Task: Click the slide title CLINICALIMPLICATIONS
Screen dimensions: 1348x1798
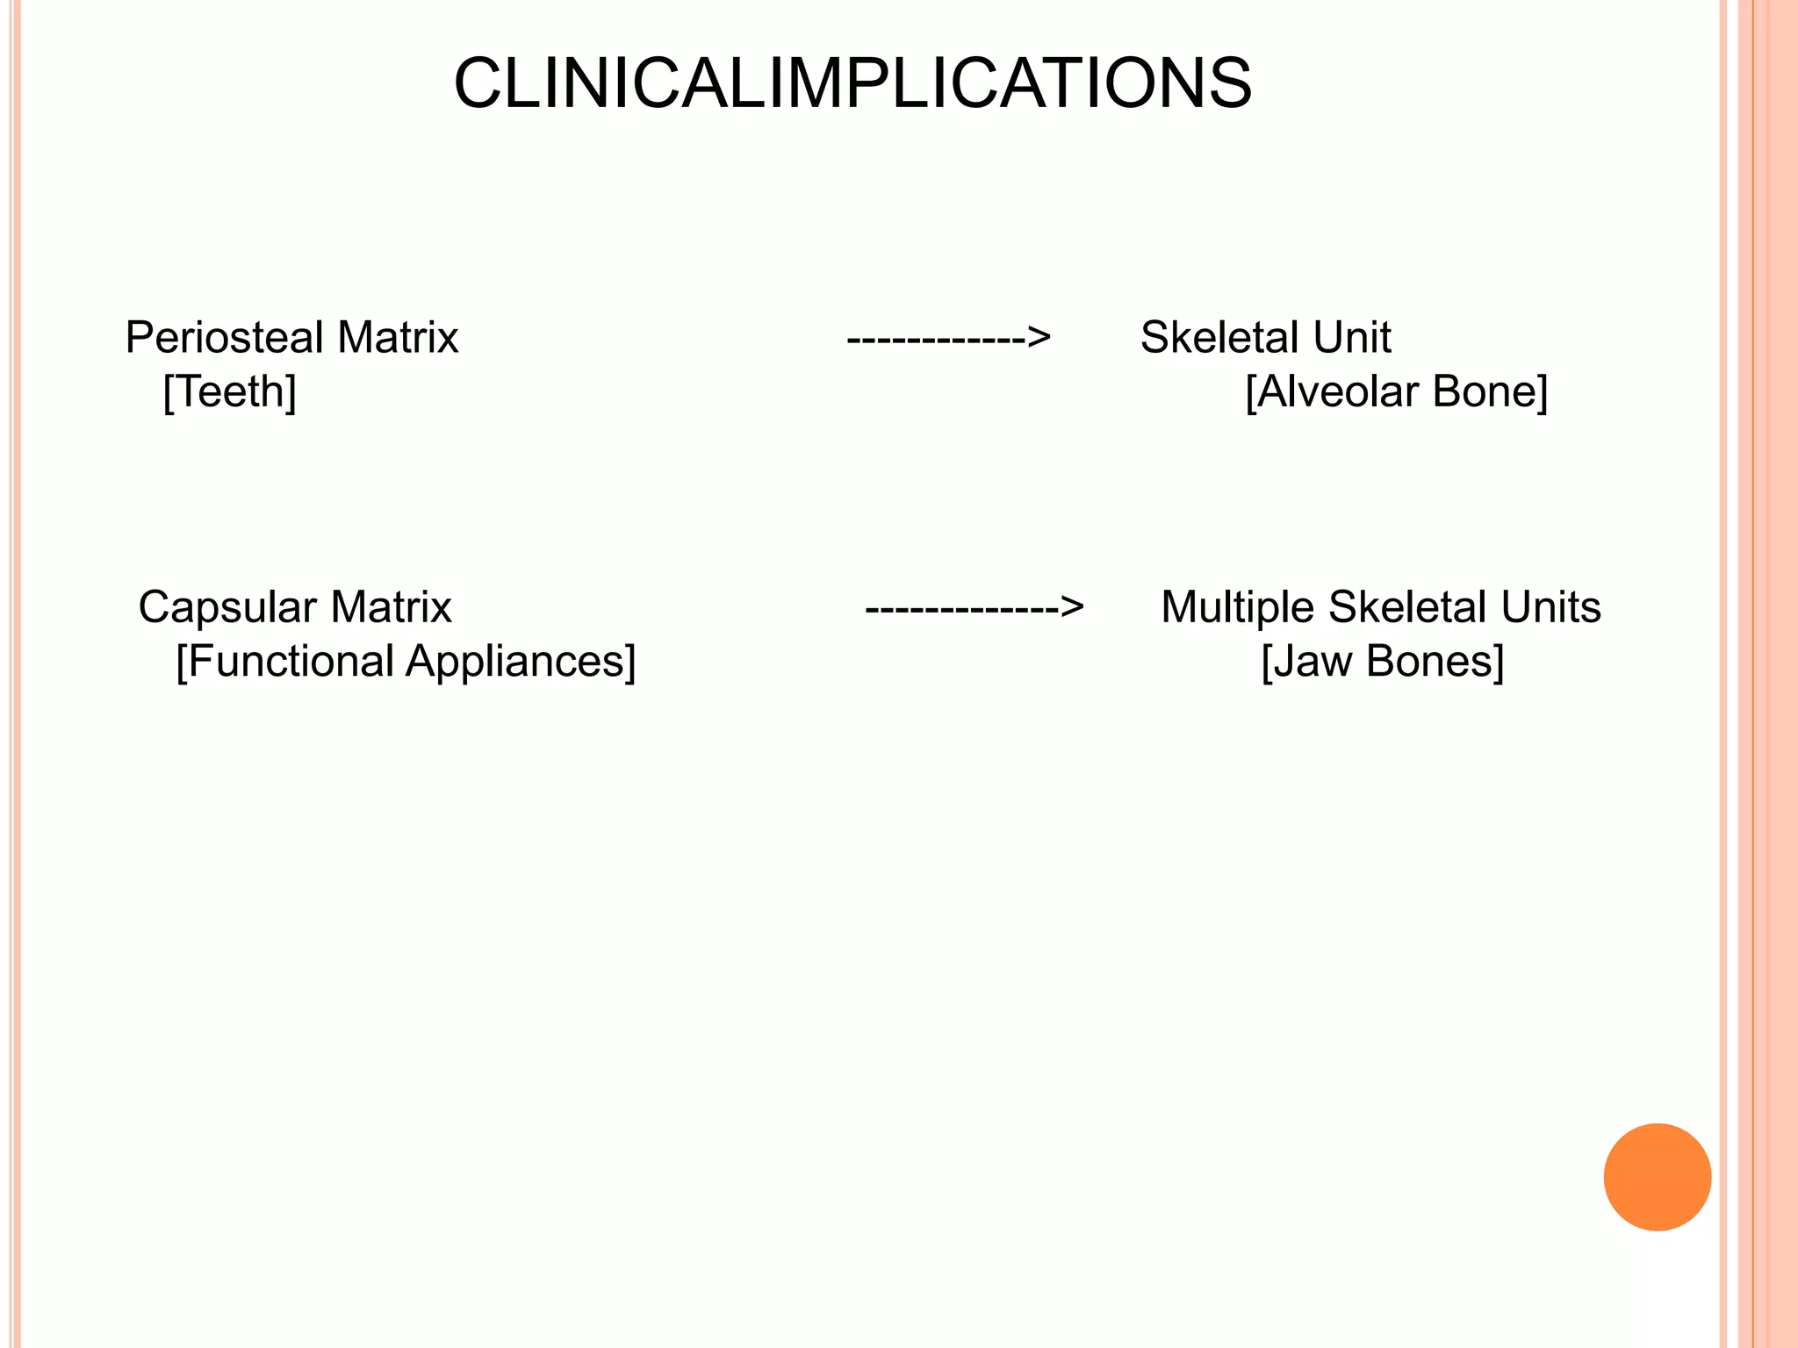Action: click(x=852, y=84)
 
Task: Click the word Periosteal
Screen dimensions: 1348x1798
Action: click(x=225, y=338)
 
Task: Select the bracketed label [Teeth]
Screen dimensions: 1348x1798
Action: click(x=230, y=392)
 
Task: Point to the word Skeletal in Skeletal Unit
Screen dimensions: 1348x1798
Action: click(x=1219, y=338)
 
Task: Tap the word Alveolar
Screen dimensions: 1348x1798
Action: click(x=1334, y=392)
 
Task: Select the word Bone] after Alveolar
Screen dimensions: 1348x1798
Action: click(x=1490, y=392)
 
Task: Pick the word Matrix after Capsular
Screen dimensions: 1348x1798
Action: click(x=391, y=607)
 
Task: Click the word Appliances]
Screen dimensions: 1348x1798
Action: click(x=521, y=662)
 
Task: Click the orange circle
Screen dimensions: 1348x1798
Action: click(x=1657, y=1177)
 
